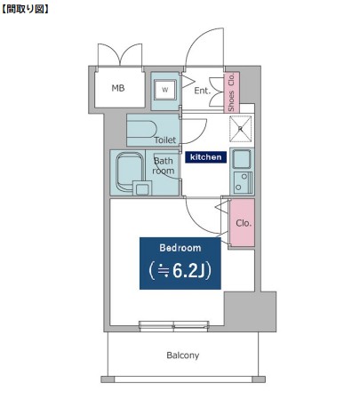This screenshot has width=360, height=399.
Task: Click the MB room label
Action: click(x=118, y=88)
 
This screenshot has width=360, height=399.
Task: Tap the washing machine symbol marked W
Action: click(x=165, y=90)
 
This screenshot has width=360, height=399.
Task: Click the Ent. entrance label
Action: click(x=202, y=91)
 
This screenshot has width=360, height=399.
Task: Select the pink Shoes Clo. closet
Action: click(x=231, y=92)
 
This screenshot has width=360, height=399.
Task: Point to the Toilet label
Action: click(x=165, y=140)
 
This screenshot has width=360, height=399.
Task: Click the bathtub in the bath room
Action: click(x=130, y=172)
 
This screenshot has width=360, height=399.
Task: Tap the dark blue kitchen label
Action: click(x=205, y=157)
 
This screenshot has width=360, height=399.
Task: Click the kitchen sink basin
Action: click(x=242, y=159)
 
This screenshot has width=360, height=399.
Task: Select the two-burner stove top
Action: click(x=243, y=182)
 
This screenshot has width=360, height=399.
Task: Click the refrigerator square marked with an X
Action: click(x=241, y=129)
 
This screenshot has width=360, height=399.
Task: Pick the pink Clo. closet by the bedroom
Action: click(x=243, y=222)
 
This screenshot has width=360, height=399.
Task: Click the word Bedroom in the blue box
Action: click(x=180, y=248)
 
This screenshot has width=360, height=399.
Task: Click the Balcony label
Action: click(x=183, y=355)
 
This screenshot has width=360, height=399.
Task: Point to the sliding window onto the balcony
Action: click(x=174, y=325)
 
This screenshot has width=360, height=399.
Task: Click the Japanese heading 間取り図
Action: click(x=25, y=9)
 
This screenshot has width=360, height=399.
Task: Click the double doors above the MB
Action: click(x=120, y=55)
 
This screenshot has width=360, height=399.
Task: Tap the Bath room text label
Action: click(x=164, y=165)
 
